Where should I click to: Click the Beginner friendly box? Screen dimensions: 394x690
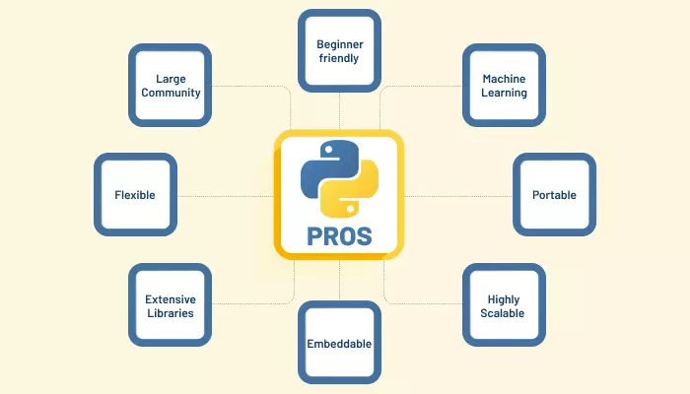tap(338, 51)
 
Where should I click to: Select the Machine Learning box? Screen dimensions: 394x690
tap(505, 85)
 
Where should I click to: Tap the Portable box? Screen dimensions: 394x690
tap(554, 194)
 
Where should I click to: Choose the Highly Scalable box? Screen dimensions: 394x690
tap(505, 305)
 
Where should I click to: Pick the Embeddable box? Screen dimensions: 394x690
tap(338, 344)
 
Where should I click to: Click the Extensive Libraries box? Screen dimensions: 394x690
tap(170, 305)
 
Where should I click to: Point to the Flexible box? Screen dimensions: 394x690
tap(134, 194)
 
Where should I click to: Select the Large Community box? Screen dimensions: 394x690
tap(170, 85)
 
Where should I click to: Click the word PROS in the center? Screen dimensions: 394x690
tap(338, 236)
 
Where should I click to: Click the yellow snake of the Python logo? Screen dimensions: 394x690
tap(353, 192)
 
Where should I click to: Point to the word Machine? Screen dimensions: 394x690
tap(505, 78)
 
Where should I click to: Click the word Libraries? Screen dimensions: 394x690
tap(170, 313)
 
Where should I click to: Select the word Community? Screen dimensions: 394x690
tap(170, 93)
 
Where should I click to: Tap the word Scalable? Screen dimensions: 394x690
tap(505, 313)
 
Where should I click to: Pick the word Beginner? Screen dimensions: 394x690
tap(338, 44)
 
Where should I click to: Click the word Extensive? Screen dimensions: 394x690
tap(170, 298)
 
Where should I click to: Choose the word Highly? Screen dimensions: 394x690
tap(505, 298)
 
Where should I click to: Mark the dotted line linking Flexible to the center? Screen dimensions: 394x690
tap(222, 195)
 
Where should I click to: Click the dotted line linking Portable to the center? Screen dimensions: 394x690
tap(458, 195)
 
